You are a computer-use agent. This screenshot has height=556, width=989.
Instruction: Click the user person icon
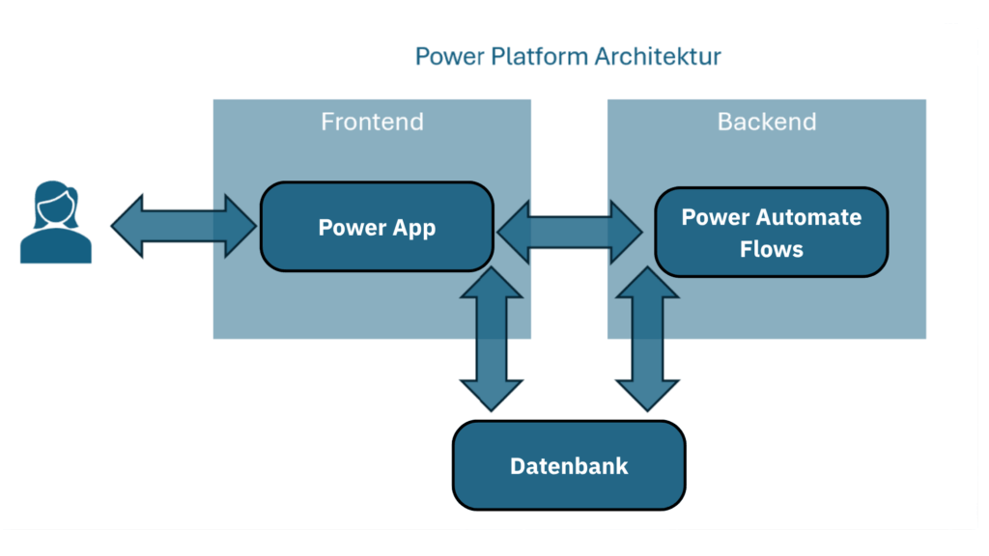[x=56, y=223]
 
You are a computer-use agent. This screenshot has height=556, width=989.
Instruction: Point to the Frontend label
[x=372, y=123]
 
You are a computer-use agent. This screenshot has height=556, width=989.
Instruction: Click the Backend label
[x=767, y=123]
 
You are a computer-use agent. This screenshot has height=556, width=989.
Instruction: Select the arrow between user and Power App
[x=184, y=227]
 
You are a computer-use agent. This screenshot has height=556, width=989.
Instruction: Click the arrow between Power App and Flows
[x=570, y=232]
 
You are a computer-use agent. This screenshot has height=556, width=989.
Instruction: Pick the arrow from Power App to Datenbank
[x=491, y=339]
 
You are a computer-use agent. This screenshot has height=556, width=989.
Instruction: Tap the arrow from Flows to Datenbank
[x=647, y=339]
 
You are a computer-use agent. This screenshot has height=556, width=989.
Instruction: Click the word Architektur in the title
[x=658, y=56]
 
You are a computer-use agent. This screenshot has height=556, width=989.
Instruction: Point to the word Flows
[x=771, y=249]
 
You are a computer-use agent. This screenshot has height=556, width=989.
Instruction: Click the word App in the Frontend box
[x=413, y=229]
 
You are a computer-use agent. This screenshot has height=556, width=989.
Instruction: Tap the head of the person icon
[x=56, y=201]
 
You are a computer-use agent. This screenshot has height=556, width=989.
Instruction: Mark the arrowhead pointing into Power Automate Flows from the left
[x=629, y=232]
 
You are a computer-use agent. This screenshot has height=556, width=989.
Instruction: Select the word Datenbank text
[x=569, y=466]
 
